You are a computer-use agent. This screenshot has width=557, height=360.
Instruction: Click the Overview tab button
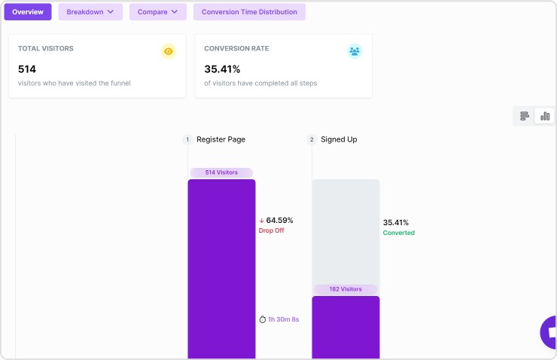click(x=28, y=12)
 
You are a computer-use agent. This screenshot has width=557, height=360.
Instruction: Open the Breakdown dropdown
click(x=90, y=12)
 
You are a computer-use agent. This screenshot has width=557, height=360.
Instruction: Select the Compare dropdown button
click(x=157, y=12)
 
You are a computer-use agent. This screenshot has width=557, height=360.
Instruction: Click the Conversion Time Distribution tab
click(x=249, y=12)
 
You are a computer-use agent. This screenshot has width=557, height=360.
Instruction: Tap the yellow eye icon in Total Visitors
click(x=169, y=51)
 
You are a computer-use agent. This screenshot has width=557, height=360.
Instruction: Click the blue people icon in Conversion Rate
click(x=355, y=51)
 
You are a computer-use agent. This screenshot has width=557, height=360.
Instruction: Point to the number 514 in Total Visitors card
click(x=27, y=69)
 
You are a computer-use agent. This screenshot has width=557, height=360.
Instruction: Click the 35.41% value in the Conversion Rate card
click(x=222, y=69)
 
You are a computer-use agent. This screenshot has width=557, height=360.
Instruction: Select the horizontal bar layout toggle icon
click(x=525, y=116)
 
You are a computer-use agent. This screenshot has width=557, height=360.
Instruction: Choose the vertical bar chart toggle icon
click(x=545, y=116)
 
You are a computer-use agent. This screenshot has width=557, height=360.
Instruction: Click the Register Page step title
click(x=221, y=139)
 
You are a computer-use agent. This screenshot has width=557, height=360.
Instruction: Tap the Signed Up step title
click(x=339, y=139)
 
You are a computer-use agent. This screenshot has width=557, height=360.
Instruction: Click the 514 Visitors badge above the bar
click(x=221, y=172)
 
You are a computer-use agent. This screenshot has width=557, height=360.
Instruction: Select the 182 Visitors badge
click(x=345, y=289)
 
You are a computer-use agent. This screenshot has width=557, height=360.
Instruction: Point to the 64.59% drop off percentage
click(x=279, y=220)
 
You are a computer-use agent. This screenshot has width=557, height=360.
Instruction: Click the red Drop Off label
click(x=272, y=230)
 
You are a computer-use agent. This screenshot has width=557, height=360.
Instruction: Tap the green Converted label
click(x=399, y=233)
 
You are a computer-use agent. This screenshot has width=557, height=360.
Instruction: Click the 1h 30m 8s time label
click(x=283, y=319)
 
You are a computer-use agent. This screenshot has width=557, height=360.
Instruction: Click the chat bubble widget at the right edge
click(x=550, y=332)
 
